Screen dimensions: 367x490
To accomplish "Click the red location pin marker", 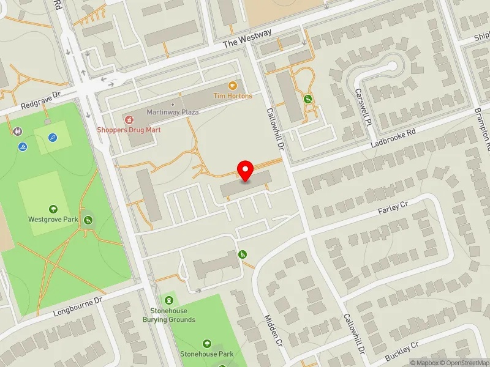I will (246, 171).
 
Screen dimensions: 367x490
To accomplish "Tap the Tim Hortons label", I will (232, 96).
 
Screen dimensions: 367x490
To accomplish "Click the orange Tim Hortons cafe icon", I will (232, 86).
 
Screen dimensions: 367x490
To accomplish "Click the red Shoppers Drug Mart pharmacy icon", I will (129, 118).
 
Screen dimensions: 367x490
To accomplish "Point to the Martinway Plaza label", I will (173, 112).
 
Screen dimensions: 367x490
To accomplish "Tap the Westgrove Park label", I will (53, 218).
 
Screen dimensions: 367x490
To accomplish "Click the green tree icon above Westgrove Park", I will (53, 209).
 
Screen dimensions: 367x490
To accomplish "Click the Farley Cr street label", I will (392, 208).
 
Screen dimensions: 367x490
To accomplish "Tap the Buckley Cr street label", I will (401, 353).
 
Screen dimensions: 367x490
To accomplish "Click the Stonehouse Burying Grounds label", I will (169, 315).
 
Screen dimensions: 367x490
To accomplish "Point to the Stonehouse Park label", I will (206, 354).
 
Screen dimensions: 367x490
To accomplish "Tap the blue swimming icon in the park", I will (23, 147).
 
